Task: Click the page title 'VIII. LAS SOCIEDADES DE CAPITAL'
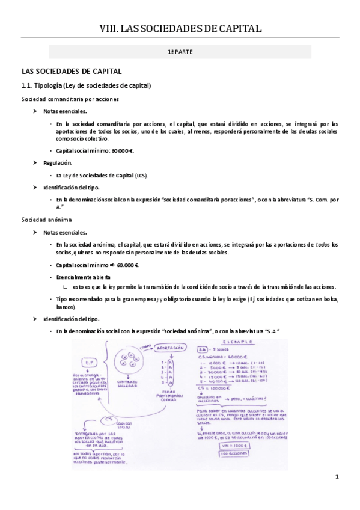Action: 180,28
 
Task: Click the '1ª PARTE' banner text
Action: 180,52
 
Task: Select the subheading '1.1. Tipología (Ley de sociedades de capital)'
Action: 86,85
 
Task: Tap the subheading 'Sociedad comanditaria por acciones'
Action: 70,99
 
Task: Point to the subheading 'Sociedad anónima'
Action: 46,220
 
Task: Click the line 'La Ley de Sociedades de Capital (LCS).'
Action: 102,175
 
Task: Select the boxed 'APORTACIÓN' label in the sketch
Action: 169,348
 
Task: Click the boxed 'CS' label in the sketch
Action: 109,420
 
